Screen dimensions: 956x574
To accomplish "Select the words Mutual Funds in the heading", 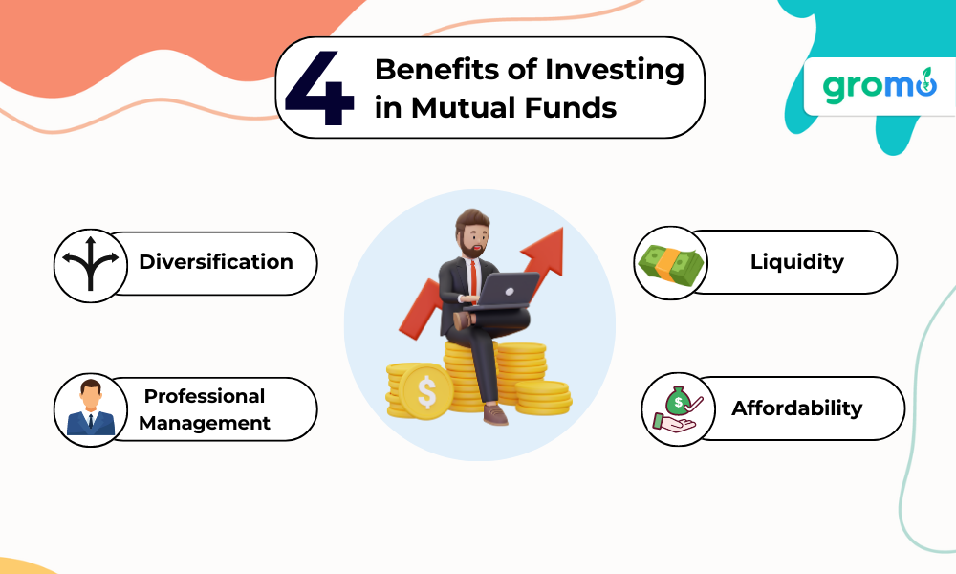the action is coord(513,107).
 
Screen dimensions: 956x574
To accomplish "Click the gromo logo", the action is coord(880,85).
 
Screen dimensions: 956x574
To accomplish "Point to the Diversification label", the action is coord(216,262).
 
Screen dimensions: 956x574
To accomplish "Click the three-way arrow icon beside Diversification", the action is coord(91,263).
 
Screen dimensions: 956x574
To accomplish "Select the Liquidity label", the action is coord(797,262).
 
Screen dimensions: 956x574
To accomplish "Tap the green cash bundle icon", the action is coord(670,266).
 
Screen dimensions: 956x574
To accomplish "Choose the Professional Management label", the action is coord(205,409).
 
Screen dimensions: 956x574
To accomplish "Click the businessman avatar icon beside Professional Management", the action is coord(90,408).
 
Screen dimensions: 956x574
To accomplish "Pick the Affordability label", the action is coord(797,408).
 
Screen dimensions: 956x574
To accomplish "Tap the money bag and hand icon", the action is coord(678,408).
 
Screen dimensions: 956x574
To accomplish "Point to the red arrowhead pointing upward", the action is coord(544,250).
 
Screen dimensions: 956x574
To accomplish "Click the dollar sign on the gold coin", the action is coord(426,391).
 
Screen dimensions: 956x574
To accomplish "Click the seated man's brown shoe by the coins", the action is coord(496,415).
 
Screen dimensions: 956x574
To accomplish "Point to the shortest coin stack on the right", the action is coord(543,398).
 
